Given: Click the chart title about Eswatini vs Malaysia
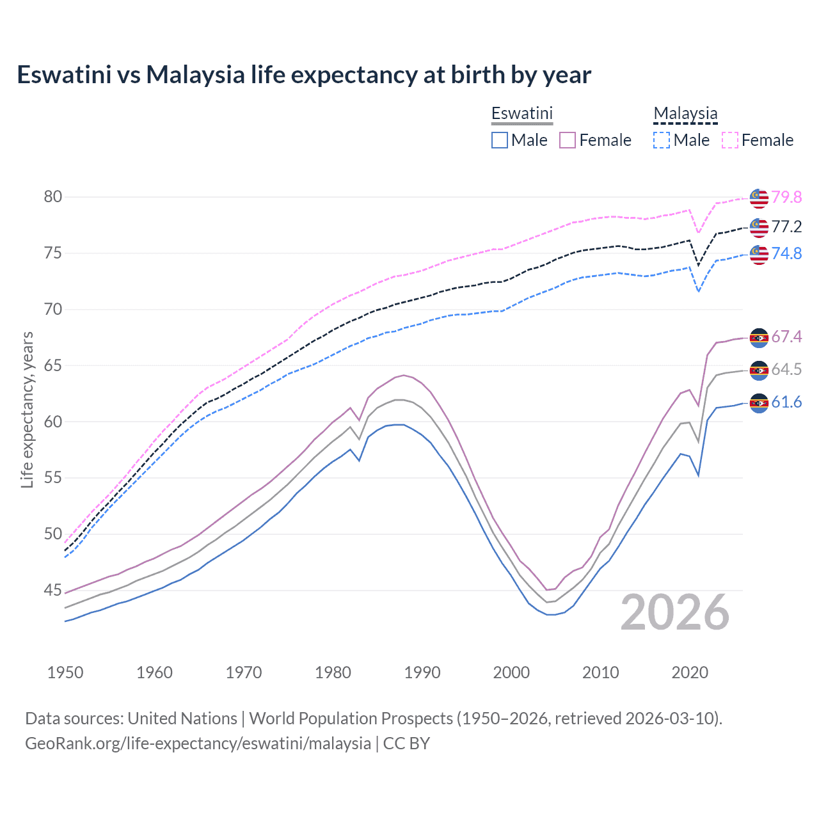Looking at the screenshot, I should point(304,75).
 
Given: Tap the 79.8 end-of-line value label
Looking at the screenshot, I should point(786,197).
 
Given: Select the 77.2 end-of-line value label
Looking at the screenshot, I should point(786,227).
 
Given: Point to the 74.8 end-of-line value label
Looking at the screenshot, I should point(786,253).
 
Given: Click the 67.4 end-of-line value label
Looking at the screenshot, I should point(786,337).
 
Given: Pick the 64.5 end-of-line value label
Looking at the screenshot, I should point(786,369).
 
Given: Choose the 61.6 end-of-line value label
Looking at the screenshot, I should point(786,402).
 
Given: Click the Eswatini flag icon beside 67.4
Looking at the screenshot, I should point(759,338).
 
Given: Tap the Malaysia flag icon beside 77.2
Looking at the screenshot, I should point(759,227).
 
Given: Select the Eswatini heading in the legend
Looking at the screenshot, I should point(521,113).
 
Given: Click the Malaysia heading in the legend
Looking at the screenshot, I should point(685,113).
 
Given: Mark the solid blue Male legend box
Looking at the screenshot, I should point(500,140).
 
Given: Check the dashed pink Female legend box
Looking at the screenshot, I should point(730,140).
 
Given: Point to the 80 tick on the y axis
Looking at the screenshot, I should point(53,196).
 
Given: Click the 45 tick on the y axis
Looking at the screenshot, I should point(53,590).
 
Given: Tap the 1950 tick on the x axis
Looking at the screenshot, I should point(65,672).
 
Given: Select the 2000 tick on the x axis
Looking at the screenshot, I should point(511,672).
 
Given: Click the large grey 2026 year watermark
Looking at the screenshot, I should point(674,612).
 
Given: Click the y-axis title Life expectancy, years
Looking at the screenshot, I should point(27,409).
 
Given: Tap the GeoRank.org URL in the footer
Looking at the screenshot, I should point(198,743).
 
